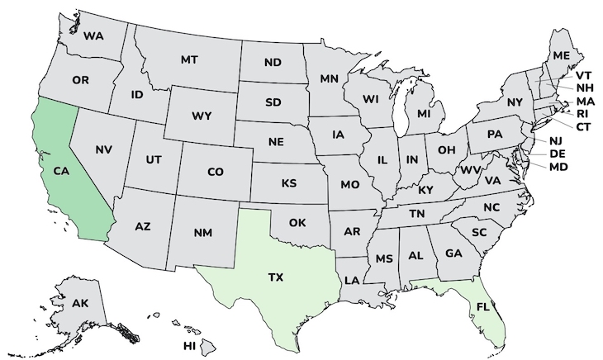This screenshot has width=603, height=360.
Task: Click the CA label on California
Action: (60, 171)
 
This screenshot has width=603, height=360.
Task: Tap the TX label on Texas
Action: (276, 277)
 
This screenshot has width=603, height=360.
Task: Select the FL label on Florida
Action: (482, 306)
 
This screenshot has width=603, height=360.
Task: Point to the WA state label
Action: (93, 36)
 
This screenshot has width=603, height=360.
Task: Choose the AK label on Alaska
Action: (80, 303)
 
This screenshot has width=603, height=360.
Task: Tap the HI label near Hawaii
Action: (190, 344)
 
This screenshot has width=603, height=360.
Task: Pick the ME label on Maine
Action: (562, 55)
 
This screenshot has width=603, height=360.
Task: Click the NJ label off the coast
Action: (555, 141)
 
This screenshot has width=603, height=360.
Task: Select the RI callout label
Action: (582, 113)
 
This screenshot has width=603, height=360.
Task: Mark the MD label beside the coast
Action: (559, 167)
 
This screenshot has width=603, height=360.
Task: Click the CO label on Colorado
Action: (215, 172)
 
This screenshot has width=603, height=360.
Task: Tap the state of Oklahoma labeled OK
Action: (297, 222)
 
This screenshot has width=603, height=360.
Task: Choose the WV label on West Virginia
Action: (470, 170)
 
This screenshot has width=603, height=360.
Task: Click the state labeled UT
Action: (154, 159)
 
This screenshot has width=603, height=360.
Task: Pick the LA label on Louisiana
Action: (352, 280)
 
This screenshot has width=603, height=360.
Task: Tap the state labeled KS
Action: (289, 182)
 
